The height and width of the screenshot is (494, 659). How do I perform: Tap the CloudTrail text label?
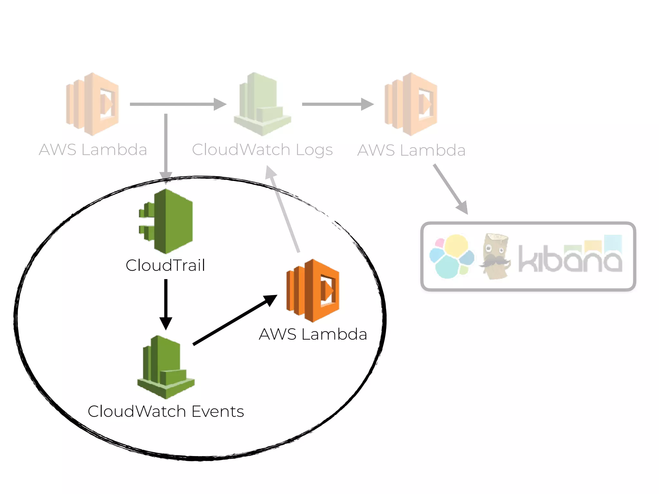pyautogui.click(x=165, y=266)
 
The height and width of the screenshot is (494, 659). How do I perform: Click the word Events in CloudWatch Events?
pyautogui.click(x=218, y=412)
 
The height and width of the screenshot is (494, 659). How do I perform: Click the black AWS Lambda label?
pyautogui.click(x=313, y=334)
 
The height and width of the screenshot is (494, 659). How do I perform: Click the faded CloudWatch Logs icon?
pyautogui.click(x=263, y=104)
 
